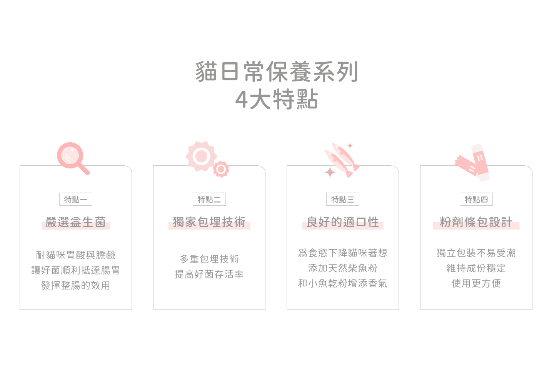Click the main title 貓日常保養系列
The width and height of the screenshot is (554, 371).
pyautogui.click(x=277, y=72)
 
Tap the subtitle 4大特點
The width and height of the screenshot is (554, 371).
pyautogui.click(x=277, y=100)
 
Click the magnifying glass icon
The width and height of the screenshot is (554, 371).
pyautogui.click(x=72, y=158)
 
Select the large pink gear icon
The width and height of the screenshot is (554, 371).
pyautogui.click(x=201, y=156)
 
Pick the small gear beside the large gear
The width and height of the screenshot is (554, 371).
pyautogui.click(x=221, y=169)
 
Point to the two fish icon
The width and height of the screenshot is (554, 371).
pyautogui.click(x=342, y=160)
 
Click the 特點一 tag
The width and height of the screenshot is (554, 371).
pyautogui.click(x=76, y=200)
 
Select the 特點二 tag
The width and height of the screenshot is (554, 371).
pyautogui.click(x=209, y=200)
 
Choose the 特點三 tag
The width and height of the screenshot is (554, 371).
pyautogui.click(x=343, y=200)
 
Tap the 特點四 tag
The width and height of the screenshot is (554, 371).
pyautogui.click(x=476, y=200)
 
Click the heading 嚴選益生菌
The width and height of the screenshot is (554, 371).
pyautogui.click(x=76, y=222)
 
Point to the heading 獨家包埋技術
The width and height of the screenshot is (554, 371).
pyautogui.click(x=209, y=222)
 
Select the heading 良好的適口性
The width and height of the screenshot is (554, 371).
pyautogui.click(x=343, y=222)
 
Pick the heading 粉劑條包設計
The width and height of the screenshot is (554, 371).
pyautogui.click(x=476, y=222)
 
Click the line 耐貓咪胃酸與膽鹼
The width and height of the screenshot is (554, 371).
pyautogui.click(x=76, y=255)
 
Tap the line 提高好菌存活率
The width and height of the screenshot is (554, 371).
pyautogui.click(x=209, y=275)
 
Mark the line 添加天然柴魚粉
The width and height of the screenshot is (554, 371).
pyautogui.click(x=343, y=268)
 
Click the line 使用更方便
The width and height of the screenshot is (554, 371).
pyautogui.click(x=476, y=284)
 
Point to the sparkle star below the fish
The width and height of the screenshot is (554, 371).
pyautogui.click(x=330, y=172)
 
